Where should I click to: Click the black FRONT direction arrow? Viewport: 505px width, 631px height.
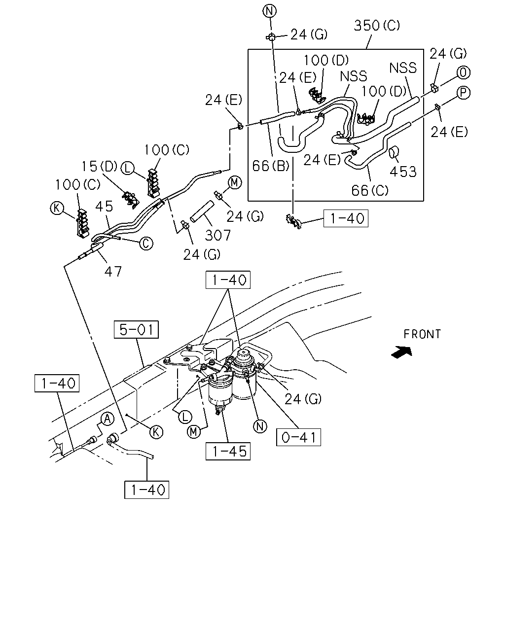pyautogui.click(x=402, y=352)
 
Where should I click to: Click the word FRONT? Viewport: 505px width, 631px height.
pyautogui.click(x=422, y=334)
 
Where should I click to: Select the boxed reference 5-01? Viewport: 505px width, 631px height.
pyautogui.click(x=136, y=330)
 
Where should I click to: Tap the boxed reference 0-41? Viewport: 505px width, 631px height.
pyautogui.click(x=298, y=437)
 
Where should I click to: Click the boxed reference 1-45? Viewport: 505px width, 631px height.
pyautogui.click(x=228, y=451)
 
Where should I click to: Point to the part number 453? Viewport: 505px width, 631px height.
pyautogui.click(x=403, y=172)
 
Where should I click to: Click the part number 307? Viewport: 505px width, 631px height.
pyautogui.click(x=217, y=235)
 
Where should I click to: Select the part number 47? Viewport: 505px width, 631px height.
pyautogui.click(x=113, y=272)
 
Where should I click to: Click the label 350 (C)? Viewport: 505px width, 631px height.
pyautogui.click(x=377, y=26)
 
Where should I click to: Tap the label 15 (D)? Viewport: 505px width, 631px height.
pyautogui.click(x=99, y=167)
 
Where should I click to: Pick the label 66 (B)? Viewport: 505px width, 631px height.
pyautogui.click(x=271, y=166)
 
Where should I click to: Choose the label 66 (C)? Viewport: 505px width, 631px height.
pyautogui.click(x=370, y=191)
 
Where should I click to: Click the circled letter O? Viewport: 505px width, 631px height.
pyautogui.click(x=464, y=72)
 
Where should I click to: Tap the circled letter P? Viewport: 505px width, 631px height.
pyautogui.click(x=464, y=93)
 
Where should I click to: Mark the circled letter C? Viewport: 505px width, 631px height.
pyautogui.click(x=146, y=244)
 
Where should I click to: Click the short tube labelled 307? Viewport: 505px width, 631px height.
pyautogui.click(x=202, y=211)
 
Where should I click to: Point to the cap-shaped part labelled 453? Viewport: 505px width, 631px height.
pyautogui.click(x=394, y=152)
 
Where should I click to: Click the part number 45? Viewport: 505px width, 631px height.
pyautogui.click(x=104, y=207)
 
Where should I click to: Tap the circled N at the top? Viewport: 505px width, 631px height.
pyautogui.click(x=270, y=11)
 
